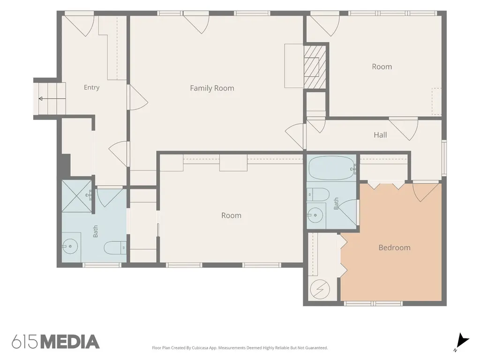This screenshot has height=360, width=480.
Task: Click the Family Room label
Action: click(x=212, y=88)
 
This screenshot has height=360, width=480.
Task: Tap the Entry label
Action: click(x=91, y=88)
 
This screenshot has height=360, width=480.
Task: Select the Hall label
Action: click(x=380, y=135)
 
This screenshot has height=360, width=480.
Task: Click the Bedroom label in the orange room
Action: click(x=394, y=247)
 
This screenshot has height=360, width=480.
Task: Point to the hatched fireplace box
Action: click(x=315, y=67)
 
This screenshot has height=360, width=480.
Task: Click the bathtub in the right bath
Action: click(x=332, y=168)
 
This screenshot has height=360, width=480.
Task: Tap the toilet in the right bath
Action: click(x=318, y=195)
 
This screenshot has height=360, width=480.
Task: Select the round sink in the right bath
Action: click(x=315, y=215)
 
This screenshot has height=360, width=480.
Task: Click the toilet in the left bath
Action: click(x=115, y=247)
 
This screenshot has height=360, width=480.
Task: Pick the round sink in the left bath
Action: click(x=70, y=246)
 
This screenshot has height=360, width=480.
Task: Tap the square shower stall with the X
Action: click(x=76, y=196)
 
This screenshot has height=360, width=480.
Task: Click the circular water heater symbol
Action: click(x=320, y=289)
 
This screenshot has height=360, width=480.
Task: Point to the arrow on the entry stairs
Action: click(x=52, y=98)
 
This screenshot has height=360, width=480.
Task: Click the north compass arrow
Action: click(x=462, y=341)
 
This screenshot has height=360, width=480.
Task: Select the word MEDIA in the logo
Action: click(x=70, y=342)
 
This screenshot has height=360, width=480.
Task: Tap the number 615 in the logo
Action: click(x=25, y=342)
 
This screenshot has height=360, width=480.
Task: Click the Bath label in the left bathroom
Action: click(x=96, y=232)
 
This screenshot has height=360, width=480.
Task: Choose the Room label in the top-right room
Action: click(x=382, y=67)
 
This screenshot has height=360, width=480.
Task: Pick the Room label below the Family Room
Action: click(x=231, y=216)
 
